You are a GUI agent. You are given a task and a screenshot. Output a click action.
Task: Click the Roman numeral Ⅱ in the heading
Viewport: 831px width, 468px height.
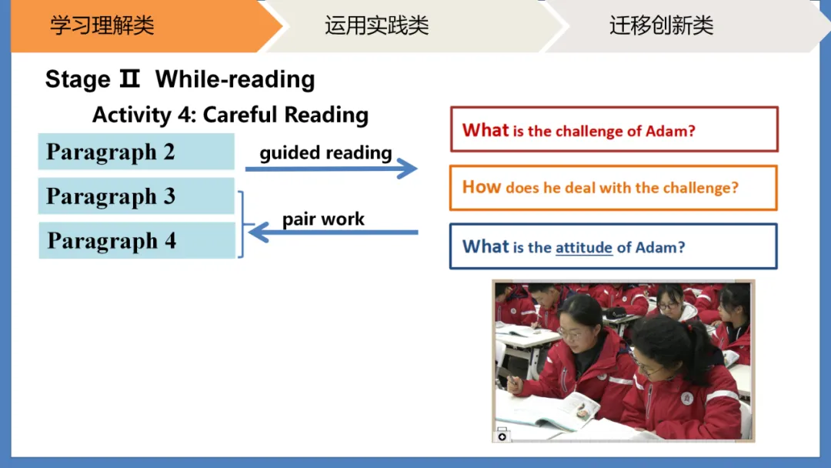pos(129,79)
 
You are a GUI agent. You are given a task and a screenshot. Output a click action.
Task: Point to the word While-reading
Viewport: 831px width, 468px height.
pos(235,79)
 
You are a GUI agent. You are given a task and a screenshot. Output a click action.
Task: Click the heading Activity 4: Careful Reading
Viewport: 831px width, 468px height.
pos(231,115)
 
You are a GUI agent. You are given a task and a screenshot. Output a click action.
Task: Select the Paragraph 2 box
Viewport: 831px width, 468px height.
pos(136,152)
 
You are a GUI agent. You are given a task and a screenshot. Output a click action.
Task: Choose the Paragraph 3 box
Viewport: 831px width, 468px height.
pos(136,196)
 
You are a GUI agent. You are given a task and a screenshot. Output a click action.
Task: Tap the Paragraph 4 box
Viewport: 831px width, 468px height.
pos(137,241)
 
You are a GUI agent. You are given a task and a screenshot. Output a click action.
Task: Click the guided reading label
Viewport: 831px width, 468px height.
pos(326,152)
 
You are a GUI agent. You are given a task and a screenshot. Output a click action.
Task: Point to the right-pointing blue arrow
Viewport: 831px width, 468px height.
pos(331,169)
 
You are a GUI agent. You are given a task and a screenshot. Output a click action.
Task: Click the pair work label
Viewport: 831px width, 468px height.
pos(323,219)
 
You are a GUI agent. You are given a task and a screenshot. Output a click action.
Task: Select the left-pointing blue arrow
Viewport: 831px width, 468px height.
pos(333,232)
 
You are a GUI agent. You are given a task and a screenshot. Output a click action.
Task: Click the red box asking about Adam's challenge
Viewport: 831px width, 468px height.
pos(614,129)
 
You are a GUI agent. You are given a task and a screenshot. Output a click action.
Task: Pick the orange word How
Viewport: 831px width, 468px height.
pos(481,186)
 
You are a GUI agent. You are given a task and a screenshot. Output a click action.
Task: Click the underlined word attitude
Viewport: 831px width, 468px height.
pos(583,248)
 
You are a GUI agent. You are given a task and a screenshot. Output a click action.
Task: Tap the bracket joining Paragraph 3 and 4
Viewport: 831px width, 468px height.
pos(242,224)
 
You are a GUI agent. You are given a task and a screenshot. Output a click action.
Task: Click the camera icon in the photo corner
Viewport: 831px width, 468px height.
pos(502,436)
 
